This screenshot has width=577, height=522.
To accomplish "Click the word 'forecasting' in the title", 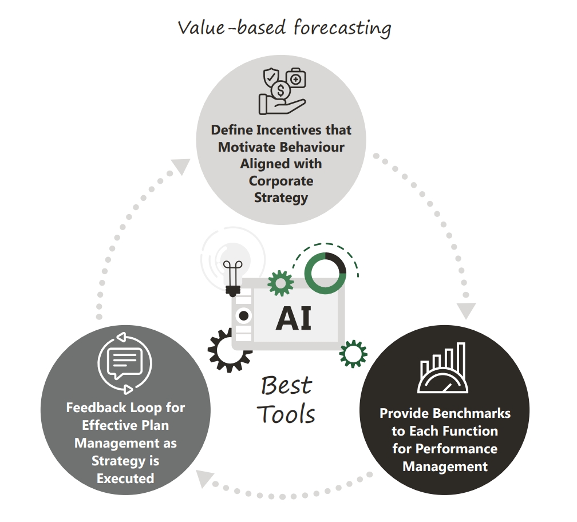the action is pos(342,27).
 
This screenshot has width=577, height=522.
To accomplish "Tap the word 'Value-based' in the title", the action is pos(232,27).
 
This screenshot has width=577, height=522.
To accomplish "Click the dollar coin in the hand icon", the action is pos(280,90).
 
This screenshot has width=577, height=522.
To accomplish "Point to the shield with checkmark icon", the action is pos(271,78).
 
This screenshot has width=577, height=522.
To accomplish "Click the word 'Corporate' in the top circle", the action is pos(281,181).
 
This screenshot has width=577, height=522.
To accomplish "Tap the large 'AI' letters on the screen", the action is pos(293,319).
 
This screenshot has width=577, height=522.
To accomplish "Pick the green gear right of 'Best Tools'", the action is pos(353,354).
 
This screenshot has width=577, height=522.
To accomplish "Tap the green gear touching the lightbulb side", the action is pos(280,283).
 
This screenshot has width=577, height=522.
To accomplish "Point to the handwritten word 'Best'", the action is pos(287,385).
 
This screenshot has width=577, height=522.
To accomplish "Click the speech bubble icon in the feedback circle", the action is pos(124,363).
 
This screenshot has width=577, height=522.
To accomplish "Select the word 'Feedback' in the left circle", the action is pos(95,408).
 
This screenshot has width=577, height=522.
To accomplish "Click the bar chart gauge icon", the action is pos(443,368).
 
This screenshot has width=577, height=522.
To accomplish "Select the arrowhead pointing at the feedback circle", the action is pos(204,478).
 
